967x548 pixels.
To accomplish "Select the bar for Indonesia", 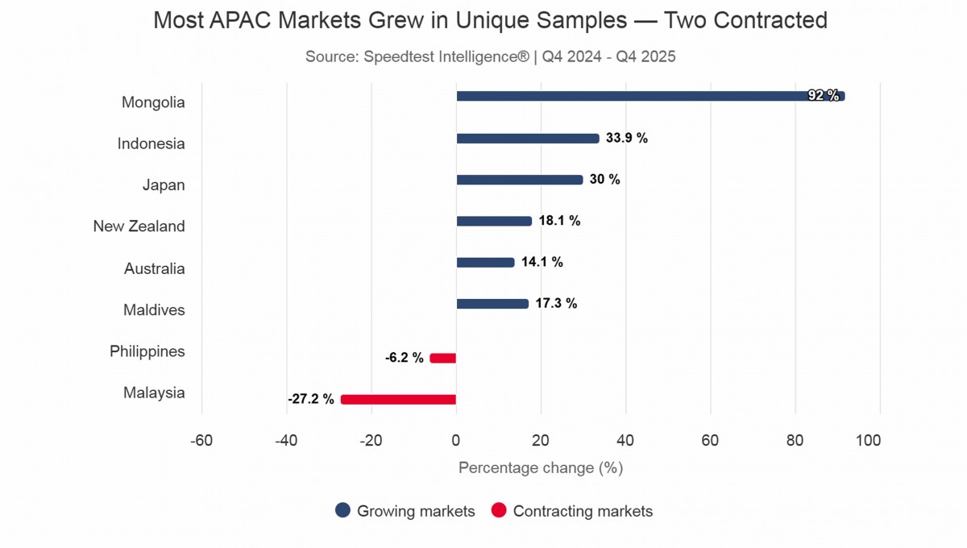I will click(528, 138).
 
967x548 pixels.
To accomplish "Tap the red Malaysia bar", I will click(398, 400).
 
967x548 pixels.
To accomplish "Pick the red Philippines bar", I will click(443, 358).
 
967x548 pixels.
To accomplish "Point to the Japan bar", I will click(520, 180).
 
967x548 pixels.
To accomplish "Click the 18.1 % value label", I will click(559, 221).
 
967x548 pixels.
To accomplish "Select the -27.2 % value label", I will click(310, 400).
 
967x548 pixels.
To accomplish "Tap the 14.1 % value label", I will click(542, 262).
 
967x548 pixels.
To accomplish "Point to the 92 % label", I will click(824, 96).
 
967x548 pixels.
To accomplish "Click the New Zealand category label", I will click(139, 226).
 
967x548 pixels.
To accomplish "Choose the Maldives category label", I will click(154, 310).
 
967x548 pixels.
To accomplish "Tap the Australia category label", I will click(154, 268).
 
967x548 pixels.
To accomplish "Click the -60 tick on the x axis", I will click(201, 441).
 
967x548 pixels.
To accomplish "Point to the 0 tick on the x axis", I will click(456, 441).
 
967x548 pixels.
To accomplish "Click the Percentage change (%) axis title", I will click(540, 468).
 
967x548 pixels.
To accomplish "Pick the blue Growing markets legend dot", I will click(343, 511).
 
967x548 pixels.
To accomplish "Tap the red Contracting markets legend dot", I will click(499, 511).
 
